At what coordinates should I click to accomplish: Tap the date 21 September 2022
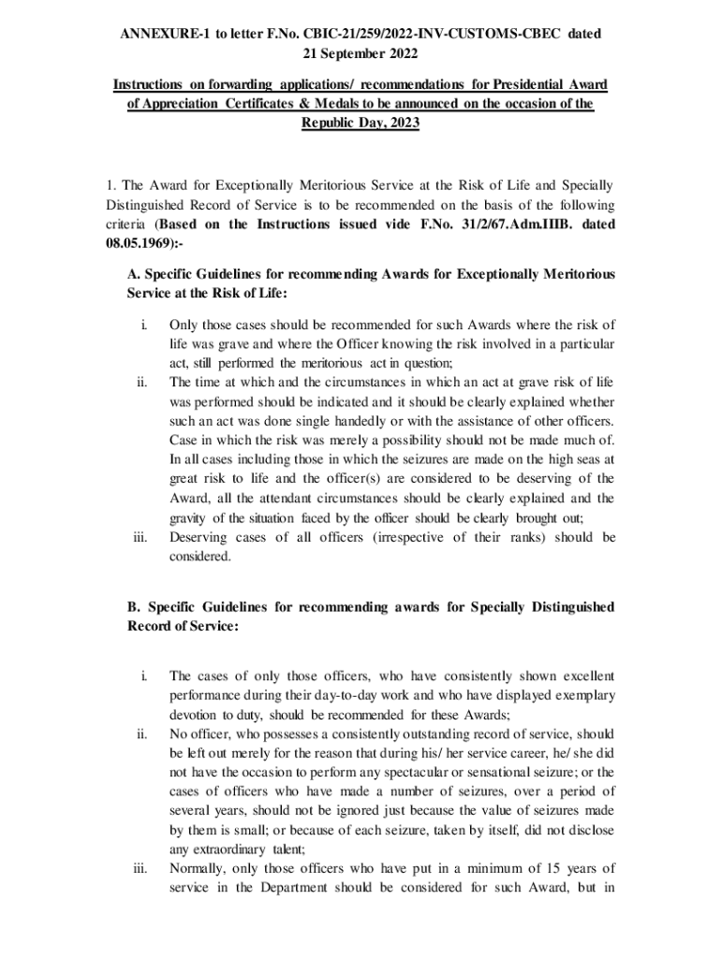(x=360, y=52)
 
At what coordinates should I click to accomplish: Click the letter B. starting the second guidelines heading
(x=134, y=607)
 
